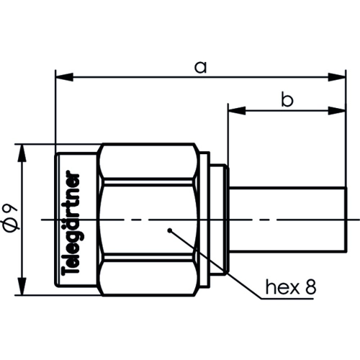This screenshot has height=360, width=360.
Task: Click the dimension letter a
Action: click(x=201, y=67)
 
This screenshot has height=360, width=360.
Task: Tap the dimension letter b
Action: click(x=287, y=101)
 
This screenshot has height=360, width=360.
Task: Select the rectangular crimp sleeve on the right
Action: click(x=288, y=219)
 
